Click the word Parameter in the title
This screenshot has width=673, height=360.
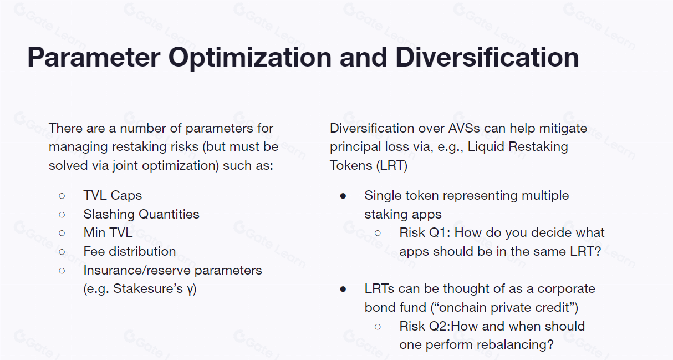94,57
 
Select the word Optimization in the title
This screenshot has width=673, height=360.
249,58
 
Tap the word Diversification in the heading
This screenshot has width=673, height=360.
487,57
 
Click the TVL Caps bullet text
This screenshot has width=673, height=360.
113,195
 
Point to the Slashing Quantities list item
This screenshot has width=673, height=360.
141,214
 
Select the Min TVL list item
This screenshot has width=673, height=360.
108,232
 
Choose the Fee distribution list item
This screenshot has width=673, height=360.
130,251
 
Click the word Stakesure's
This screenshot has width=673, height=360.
148,289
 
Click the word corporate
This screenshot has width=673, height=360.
566,289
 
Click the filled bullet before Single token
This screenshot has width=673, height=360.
343,196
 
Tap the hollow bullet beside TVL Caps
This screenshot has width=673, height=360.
62,196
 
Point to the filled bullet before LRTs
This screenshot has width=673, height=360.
343,290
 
